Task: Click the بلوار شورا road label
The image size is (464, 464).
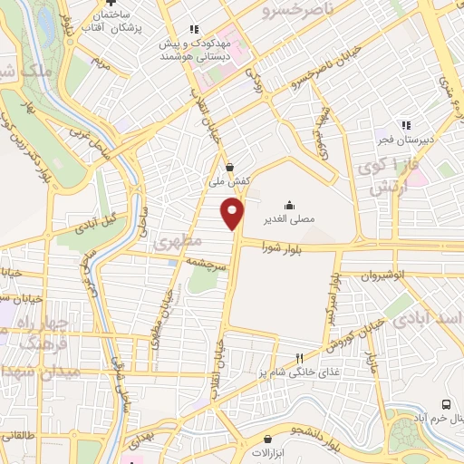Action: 281,246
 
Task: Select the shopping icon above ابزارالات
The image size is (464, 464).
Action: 267,440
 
